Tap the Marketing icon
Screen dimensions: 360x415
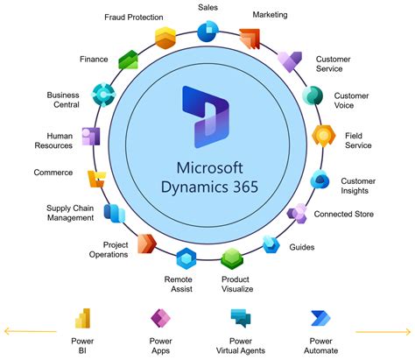tap(250, 39)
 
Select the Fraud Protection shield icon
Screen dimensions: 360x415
tap(165, 37)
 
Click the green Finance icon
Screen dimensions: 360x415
tap(130, 60)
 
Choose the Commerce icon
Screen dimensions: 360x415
tap(96, 178)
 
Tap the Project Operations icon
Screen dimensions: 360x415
tap(145, 243)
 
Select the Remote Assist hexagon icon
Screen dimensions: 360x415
tap(185, 258)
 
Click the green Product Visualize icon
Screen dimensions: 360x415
tap(231, 258)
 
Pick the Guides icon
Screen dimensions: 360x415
tap(271, 243)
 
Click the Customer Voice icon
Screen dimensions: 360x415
tap(313, 95)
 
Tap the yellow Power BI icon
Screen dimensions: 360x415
tap(84, 318)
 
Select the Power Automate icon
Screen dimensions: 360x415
tap(320, 317)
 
